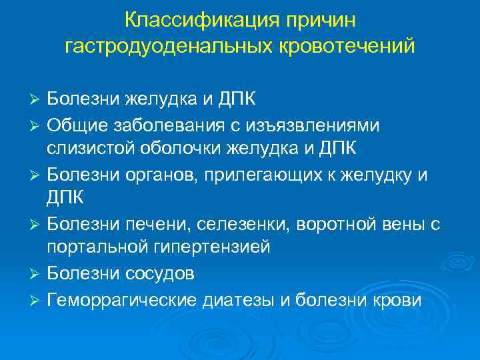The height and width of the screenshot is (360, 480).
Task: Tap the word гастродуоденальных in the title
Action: point(167,46)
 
